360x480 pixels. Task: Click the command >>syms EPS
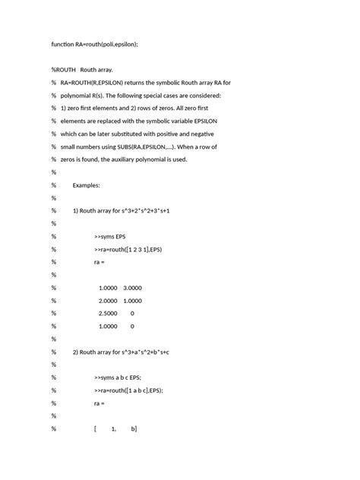click(110, 236)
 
